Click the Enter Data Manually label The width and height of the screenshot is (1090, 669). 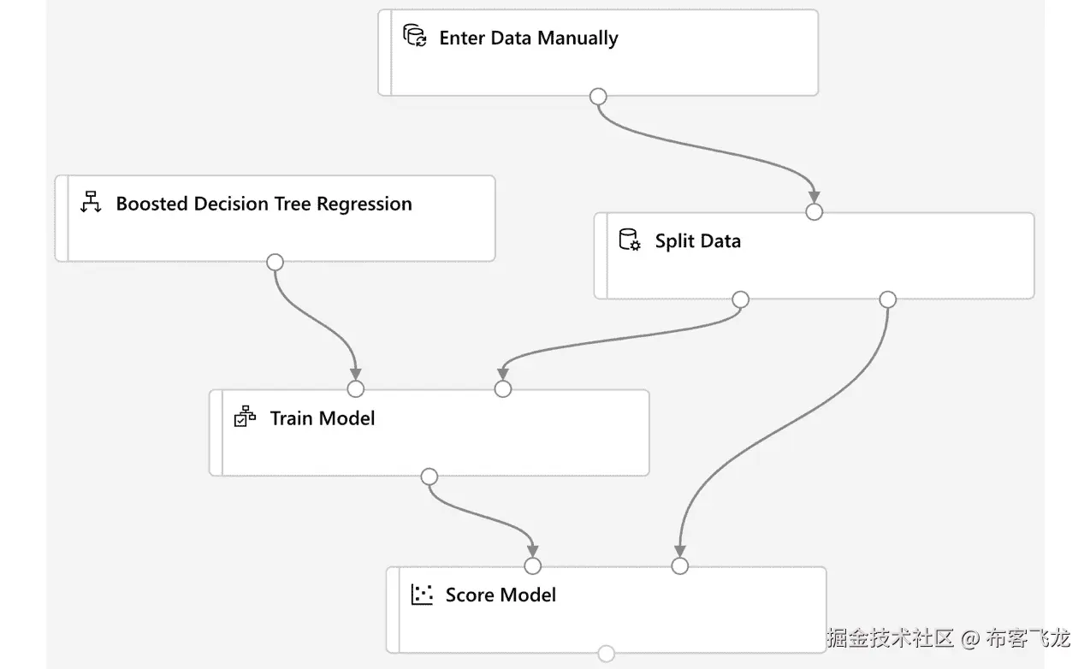point(528,38)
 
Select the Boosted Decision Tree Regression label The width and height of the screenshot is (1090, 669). point(264,204)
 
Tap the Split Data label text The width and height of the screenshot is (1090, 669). point(697,241)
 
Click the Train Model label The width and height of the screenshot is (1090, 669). point(323,418)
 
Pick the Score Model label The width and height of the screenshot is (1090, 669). point(501,595)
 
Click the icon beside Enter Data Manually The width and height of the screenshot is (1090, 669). point(415,37)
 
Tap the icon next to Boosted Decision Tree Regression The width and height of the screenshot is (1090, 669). point(91,204)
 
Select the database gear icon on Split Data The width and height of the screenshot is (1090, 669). point(630,240)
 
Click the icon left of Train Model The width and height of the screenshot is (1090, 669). point(245,417)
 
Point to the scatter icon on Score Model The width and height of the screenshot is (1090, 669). point(422,595)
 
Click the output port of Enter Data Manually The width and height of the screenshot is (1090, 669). point(599,97)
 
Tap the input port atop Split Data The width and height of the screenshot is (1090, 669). point(815,211)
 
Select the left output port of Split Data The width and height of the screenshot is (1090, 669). point(741,299)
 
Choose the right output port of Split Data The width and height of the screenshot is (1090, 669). point(888,299)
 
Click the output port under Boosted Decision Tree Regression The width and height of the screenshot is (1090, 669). point(275,262)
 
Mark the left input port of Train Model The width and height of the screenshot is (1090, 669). point(356,389)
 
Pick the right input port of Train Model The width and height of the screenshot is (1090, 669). point(503,389)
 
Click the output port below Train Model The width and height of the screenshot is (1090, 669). point(429,477)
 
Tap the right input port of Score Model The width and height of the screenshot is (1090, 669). point(679,565)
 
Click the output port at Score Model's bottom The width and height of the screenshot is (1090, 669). point(606,654)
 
